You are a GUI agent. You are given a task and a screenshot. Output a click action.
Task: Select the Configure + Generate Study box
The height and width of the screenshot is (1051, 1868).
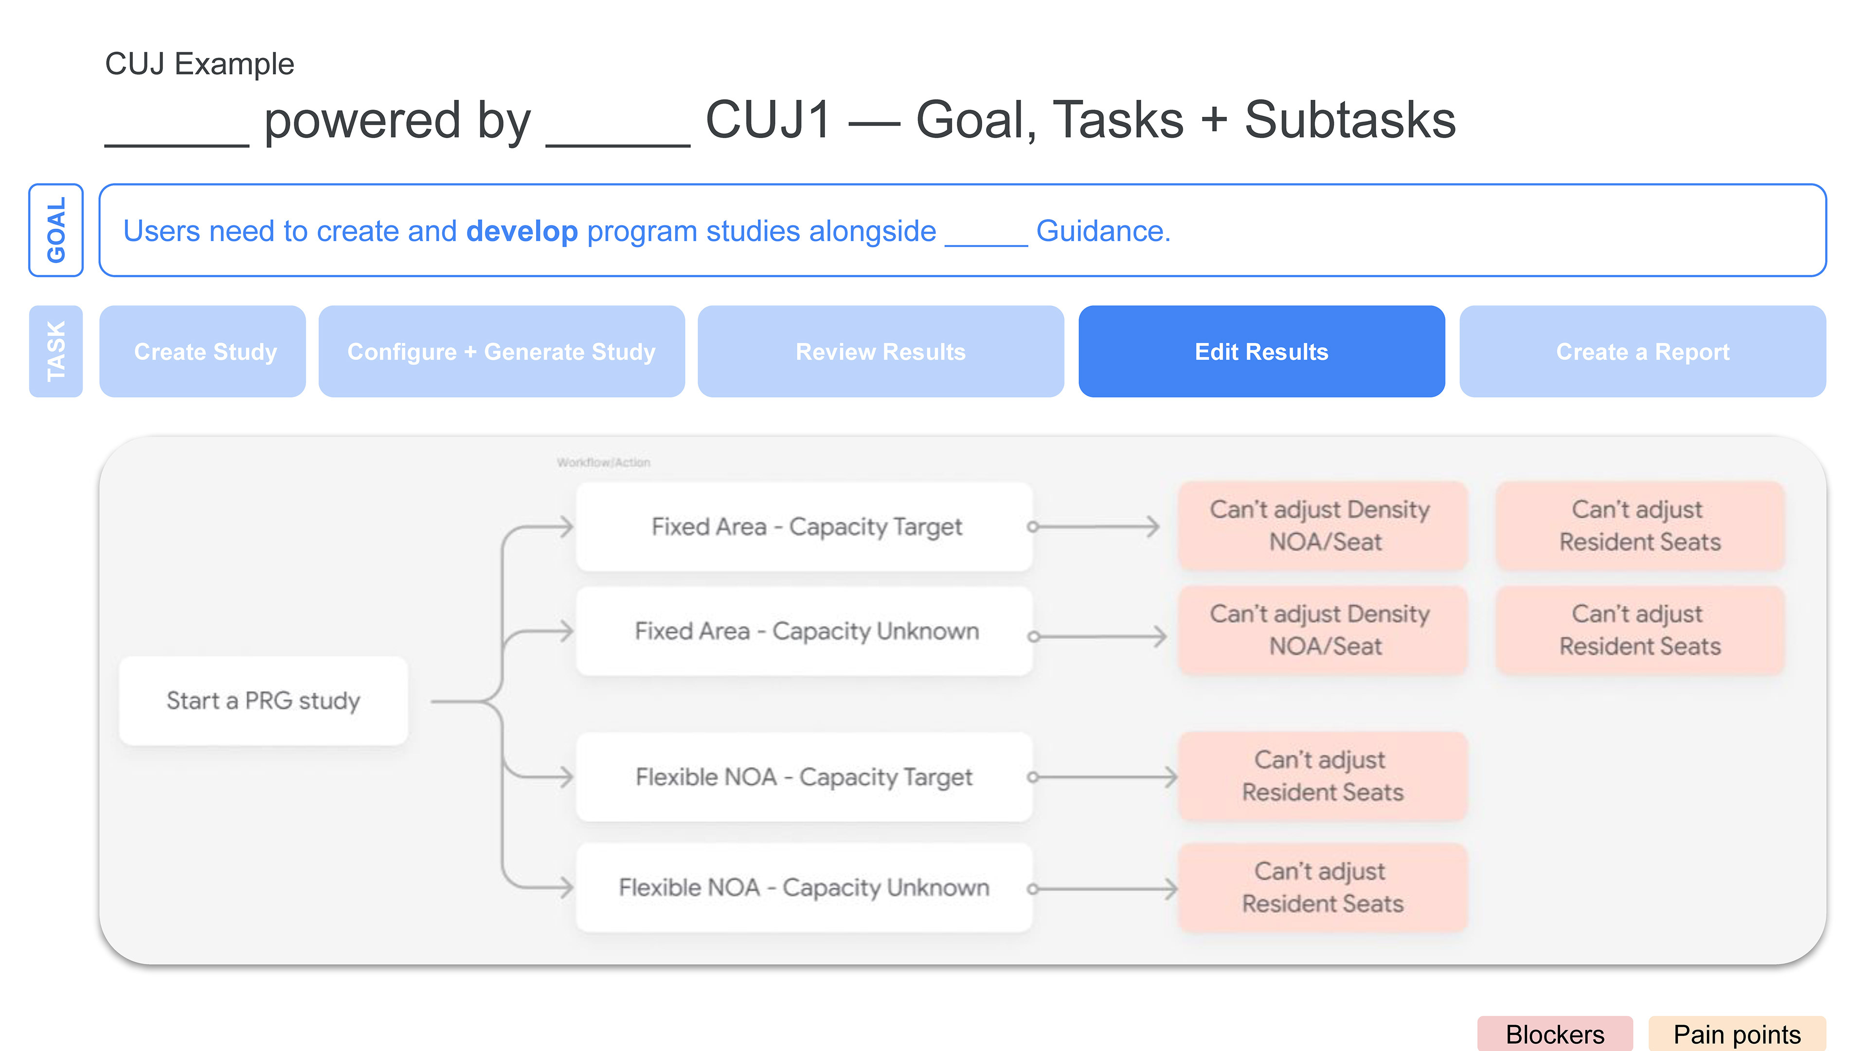[x=501, y=352]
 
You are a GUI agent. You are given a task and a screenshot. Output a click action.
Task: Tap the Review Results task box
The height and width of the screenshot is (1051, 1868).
[x=880, y=352]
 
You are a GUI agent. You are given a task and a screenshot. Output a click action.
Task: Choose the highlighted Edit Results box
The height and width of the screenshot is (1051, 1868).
[x=1261, y=352]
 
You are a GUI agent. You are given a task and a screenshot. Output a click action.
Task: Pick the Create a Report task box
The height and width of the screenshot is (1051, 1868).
[x=1642, y=352]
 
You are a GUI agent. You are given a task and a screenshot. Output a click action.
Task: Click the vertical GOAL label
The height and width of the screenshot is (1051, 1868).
[x=56, y=230]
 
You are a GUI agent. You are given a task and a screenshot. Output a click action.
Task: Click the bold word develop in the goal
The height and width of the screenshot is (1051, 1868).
[x=521, y=232]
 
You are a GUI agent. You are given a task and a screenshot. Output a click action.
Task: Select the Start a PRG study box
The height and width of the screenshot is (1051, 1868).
[x=263, y=701]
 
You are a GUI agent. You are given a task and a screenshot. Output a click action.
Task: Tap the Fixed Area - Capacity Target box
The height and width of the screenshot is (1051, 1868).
[x=805, y=526]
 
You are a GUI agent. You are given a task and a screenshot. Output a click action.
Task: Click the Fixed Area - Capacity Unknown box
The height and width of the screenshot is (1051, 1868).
[x=805, y=631]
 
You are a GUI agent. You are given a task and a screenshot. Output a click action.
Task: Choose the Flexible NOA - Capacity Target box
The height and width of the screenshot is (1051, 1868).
[x=805, y=777]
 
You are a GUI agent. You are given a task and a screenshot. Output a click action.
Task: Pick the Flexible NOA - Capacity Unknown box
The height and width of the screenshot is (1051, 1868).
[x=805, y=888]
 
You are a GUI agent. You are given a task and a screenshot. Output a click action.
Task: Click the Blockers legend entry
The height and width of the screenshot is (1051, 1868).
[x=1554, y=1033]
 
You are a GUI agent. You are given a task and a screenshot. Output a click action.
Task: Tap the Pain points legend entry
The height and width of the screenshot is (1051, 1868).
[x=1736, y=1033]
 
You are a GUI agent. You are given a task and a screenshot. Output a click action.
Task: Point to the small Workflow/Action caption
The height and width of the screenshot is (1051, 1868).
[x=603, y=463]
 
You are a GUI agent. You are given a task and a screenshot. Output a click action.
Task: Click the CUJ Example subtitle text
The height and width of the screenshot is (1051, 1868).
[x=199, y=64]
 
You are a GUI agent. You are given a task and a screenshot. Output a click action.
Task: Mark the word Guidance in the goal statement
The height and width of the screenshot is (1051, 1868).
[x=1102, y=232]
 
